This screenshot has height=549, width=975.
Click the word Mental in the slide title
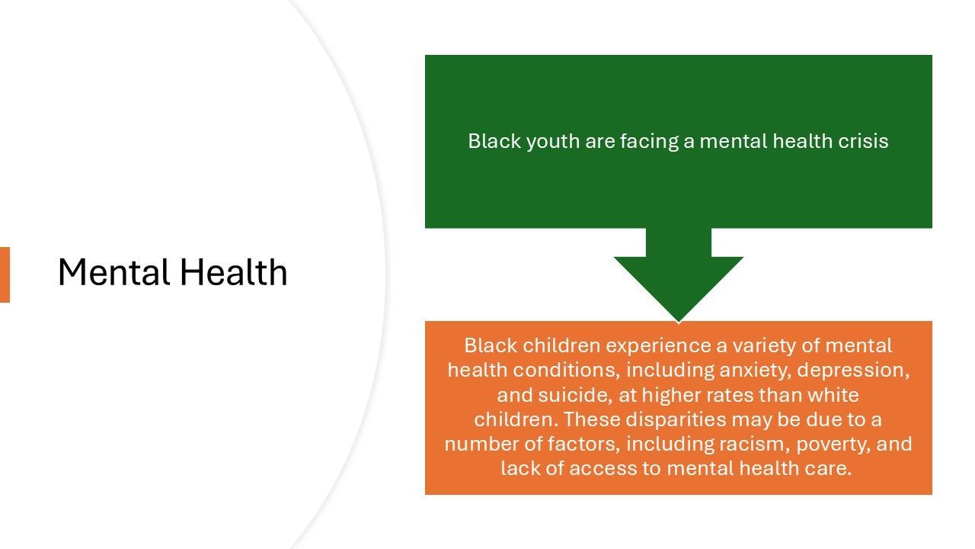pyautogui.click(x=113, y=272)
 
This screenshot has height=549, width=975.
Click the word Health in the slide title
pyautogui.click(x=234, y=272)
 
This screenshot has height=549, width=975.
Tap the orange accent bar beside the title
pyautogui.click(x=5, y=274)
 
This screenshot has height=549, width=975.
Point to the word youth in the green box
pyautogui.click(x=553, y=142)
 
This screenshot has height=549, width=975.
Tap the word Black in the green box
pyautogui.click(x=494, y=141)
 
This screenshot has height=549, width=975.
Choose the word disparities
pyautogui.click(x=676, y=420)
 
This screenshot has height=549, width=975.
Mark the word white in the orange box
pyautogui.click(x=833, y=395)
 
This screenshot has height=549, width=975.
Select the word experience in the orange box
pyautogui.click(x=659, y=346)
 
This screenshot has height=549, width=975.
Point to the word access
pyautogui.click(x=603, y=469)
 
